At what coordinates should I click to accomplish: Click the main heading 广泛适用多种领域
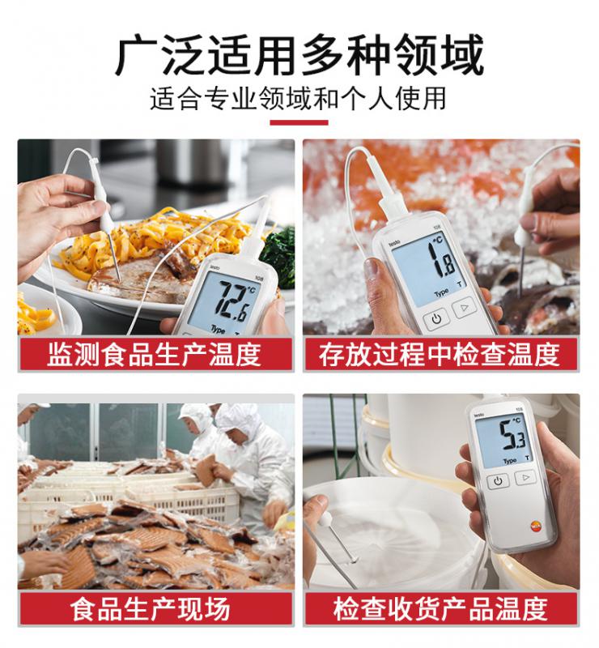pyautogui.click(x=299, y=55)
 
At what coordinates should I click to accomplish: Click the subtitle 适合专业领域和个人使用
pyautogui.click(x=298, y=99)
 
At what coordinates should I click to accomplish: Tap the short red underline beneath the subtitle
pyautogui.click(x=299, y=122)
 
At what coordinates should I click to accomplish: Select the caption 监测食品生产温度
pyautogui.click(x=154, y=355)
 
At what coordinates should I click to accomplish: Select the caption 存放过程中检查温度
pyautogui.click(x=439, y=355)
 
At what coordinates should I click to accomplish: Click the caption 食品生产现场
pyautogui.click(x=150, y=609)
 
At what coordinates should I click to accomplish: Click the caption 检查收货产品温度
pyautogui.click(x=440, y=609)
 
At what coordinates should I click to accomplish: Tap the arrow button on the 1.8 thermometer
pyautogui.click(x=465, y=308)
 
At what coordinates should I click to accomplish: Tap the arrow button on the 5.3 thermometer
pyautogui.click(x=525, y=478)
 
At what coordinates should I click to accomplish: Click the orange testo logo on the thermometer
pyautogui.click(x=536, y=526)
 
